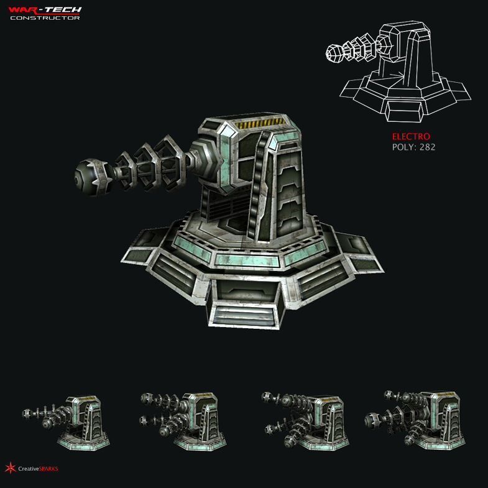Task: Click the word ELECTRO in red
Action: tap(410, 137)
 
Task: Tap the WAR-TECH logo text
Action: tap(45, 9)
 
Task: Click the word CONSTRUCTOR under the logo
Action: tap(45, 17)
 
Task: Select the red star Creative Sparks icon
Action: tap(10, 468)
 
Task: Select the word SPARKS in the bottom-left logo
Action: tap(48, 469)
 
